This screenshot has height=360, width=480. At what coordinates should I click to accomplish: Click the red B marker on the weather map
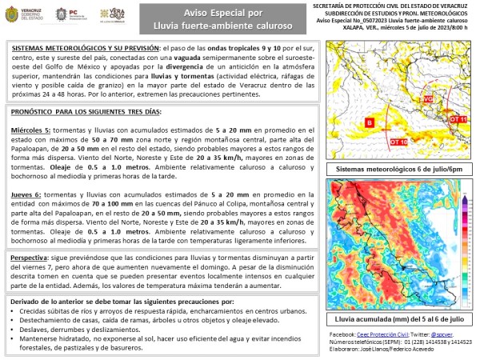coord(370,122)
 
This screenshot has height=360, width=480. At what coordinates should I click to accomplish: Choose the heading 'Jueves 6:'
coord(30,194)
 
